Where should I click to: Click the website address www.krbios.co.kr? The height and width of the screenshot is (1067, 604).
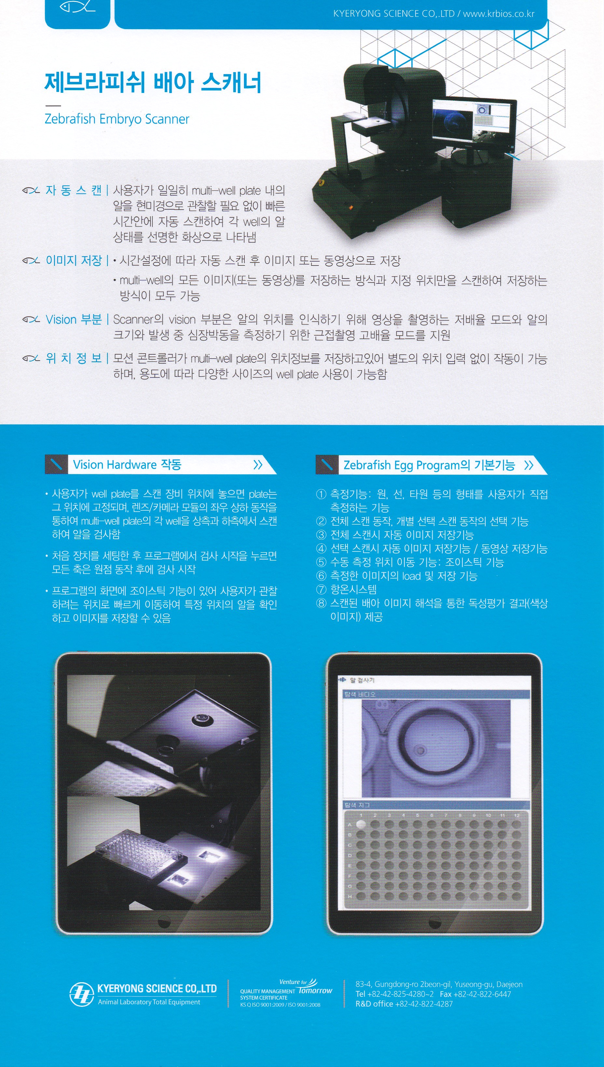coord(499,14)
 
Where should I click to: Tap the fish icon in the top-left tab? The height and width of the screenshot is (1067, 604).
coord(77,7)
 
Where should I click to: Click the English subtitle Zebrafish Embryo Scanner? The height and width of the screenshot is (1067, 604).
coord(117,119)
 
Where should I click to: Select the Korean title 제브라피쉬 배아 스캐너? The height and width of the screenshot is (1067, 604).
coord(153,83)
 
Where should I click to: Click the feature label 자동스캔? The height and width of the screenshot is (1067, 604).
coord(74,190)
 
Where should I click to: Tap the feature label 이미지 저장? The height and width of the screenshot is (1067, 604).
coord(74,261)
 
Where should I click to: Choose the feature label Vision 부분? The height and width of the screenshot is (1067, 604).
coord(74,319)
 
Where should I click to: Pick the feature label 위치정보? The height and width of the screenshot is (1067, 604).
coord(74,358)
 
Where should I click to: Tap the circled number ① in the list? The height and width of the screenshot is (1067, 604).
coord(322,494)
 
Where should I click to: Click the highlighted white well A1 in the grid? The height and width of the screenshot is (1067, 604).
coord(361,824)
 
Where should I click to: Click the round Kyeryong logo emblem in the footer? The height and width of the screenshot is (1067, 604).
coord(81,994)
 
